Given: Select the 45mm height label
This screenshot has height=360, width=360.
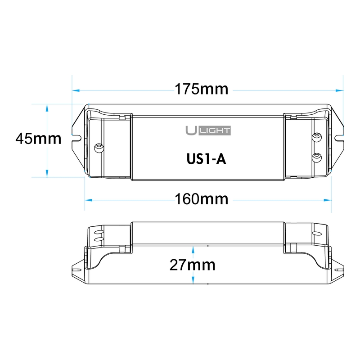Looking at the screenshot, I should click(x=38, y=138).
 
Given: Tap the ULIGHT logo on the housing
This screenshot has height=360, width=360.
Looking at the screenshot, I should click(x=208, y=130).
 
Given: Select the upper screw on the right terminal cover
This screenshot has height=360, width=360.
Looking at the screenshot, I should click(x=316, y=136).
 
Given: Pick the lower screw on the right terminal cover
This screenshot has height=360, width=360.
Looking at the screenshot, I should click(x=316, y=156).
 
